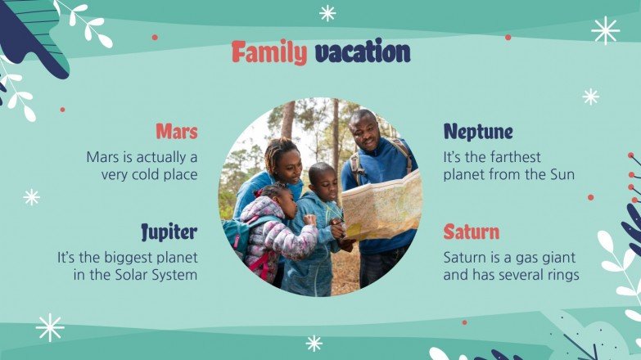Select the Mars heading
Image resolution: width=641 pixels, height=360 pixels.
(x=176, y=131)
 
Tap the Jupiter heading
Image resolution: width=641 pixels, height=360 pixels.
(x=169, y=232)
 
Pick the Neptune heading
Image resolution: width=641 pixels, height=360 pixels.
(x=478, y=131)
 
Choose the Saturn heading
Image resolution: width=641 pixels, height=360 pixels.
(x=471, y=232)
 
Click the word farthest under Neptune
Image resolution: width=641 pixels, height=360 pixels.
(x=510, y=156)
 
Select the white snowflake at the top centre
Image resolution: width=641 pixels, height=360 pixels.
(x=327, y=12)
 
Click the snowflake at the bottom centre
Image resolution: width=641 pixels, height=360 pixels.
(x=314, y=343)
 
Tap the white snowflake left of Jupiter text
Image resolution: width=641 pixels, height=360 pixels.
(x=32, y=196)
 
